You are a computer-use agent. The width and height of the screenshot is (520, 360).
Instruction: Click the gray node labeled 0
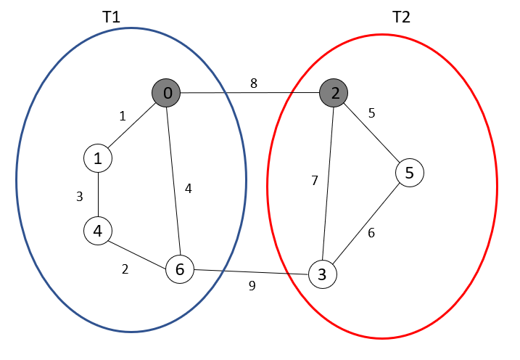[x=166, y=93]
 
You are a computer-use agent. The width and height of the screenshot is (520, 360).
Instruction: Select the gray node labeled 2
[x=334, y=92]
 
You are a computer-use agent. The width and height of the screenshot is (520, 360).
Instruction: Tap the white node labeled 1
[x=98, y=157]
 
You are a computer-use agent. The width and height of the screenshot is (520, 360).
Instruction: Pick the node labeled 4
[x=97, y=231]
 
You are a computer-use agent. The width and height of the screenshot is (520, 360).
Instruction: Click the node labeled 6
[x=180, y=269]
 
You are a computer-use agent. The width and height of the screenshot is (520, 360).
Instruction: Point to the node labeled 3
[x=322, y=274]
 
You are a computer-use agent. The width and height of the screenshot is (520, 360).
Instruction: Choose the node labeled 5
[x=410, y=173]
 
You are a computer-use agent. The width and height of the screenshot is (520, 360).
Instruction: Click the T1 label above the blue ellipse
[x=111, y=17]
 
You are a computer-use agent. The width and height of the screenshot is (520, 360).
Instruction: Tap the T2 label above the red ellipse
[x=401, y=17]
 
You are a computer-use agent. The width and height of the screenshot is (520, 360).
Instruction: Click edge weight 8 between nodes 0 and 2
[x=253, y=83]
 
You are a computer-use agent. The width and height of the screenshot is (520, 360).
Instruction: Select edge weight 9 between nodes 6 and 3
[x=252, y=286]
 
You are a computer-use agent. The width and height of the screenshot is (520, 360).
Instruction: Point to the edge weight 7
[x=314, y=181]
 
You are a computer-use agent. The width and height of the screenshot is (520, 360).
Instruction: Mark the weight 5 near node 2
[x=371, y=113]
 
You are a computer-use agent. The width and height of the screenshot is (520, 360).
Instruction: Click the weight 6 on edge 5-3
[x=372, y=234]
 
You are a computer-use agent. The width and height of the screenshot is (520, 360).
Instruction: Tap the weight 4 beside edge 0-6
[x=188, y=189]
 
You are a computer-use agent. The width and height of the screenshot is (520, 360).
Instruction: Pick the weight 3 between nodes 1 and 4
[x=81, y=195]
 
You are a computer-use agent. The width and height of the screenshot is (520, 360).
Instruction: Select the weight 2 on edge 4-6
[x=125, y=269]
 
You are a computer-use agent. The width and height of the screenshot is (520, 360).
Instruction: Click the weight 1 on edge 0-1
[x=122, y=115]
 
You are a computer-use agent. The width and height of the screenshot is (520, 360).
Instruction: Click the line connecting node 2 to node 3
[x=329, y=181]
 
